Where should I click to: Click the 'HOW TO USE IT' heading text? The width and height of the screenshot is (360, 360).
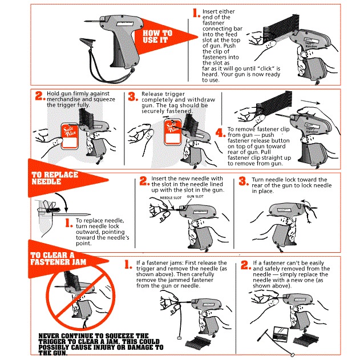pyautogui.click(x=157, y=37)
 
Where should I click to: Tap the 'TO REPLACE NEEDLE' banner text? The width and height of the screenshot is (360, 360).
pyautogui.click(x=55, y=178)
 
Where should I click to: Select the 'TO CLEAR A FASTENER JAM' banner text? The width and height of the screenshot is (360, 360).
pyautogui.click(x=58, y=258)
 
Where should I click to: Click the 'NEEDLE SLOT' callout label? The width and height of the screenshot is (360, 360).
pyautogui.click(x=171, y=197)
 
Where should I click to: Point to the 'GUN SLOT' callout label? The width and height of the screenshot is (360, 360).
pyautogui.click(x=195, y=196)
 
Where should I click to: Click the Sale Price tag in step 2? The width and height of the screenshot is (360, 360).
pyautogui.click(x=70, y=136)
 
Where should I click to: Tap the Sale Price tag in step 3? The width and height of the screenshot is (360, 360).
pyautogui.click(x=173, y=132)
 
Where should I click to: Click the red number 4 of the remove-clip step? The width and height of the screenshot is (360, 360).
pyautogui.click(x=220, y=133)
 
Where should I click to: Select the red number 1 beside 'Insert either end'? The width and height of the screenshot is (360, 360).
pyautogui.click(x=196, y=13)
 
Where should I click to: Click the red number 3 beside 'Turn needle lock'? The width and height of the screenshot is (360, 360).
pyautogui.click(x=244, y=181)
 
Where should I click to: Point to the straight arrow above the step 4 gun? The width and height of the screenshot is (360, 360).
pyautogui.click(x=310, y=102)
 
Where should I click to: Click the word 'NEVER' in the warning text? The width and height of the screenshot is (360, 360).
pyautogui.click(x=49, y=335)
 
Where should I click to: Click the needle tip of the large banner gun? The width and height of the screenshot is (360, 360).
pyautogui.click(x=84, y=21)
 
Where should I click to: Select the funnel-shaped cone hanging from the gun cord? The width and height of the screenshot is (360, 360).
pyautogui.click(x=87, y=42)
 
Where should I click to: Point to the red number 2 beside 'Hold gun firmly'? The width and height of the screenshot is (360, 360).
pyautogui.click(x=41, y=95)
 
